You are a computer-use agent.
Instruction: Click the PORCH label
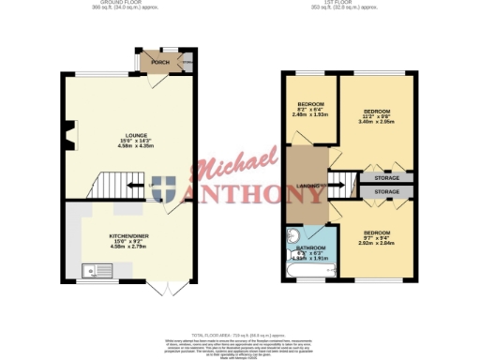[x=148, y=64]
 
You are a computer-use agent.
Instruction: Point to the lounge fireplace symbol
[x=67, y=143]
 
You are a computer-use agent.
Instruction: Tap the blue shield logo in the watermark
[x=168, y=188]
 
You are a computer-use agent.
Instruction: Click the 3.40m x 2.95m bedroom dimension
[x=378, y=121]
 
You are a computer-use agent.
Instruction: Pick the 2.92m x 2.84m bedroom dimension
[x=379, y=242]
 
